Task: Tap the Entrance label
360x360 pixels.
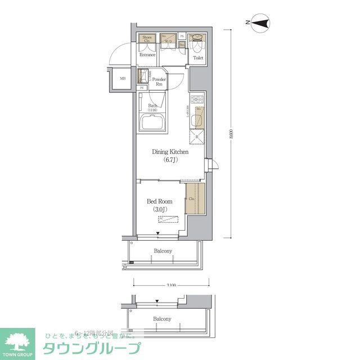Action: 147,55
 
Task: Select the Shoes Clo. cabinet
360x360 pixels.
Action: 147,39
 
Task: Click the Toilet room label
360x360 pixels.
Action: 197,58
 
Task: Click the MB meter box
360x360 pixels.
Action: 121,78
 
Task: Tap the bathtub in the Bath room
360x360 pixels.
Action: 152,123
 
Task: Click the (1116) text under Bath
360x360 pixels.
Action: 153,110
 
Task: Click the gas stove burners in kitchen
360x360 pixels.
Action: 197,100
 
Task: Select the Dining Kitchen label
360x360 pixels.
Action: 170,152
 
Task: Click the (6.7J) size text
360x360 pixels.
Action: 170,160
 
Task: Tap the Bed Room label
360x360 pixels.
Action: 160,201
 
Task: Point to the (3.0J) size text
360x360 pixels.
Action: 160,210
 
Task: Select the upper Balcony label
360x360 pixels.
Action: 163,251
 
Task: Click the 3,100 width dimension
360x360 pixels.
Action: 172,286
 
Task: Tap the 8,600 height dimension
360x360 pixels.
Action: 231,133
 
